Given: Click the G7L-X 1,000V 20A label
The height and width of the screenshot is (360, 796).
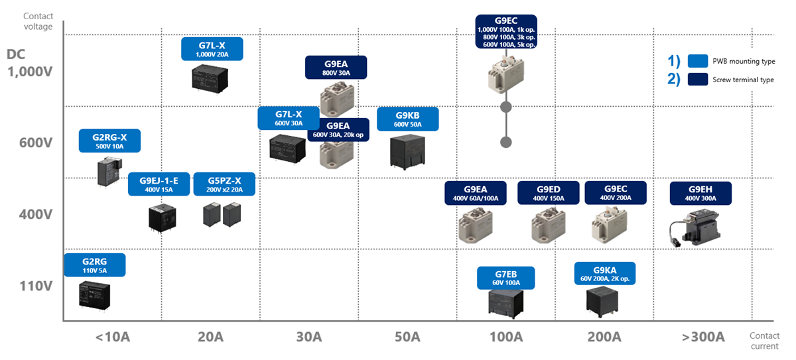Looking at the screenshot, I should [x=212, y=49].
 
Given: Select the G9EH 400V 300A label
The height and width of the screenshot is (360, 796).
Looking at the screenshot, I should [x=700, y=193].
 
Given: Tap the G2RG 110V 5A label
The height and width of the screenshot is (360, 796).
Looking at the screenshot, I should [x=94, y=265].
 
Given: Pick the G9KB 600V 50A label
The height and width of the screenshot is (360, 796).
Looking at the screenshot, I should [x=407, y=119].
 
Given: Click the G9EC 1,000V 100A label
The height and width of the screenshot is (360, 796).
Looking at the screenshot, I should [x=506, y=32].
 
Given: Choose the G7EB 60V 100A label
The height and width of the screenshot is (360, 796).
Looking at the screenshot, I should [x=506, y=278].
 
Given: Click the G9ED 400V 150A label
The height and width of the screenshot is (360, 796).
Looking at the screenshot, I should [x=548, y=193].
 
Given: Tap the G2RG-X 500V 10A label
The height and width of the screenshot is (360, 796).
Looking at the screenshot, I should [x=109, y=141].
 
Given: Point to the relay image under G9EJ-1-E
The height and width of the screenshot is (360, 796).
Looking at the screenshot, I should [x=160, y=218].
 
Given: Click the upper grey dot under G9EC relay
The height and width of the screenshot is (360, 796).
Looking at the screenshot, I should [x=506, y=107].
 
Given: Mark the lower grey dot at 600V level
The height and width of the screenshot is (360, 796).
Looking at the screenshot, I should [x=506, y=142].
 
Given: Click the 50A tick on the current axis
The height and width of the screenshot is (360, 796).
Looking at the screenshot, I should [x=407, y=337].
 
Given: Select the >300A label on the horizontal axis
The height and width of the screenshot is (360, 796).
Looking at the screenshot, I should [x=702, y=337].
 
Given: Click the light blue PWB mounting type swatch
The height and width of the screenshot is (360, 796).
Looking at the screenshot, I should [x=697, y=61].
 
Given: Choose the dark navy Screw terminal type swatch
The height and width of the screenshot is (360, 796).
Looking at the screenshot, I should [x=697, y=80].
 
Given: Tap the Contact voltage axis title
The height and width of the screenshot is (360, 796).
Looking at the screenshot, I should [x=38, y=21].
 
